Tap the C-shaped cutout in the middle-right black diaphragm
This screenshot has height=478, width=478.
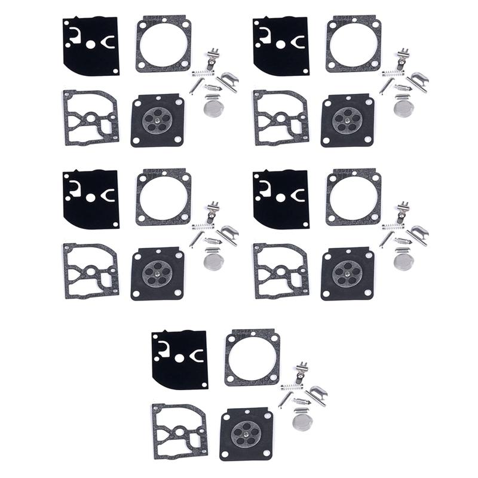tap(297, 194)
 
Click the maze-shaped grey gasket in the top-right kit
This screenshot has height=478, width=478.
tap(281, 117)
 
